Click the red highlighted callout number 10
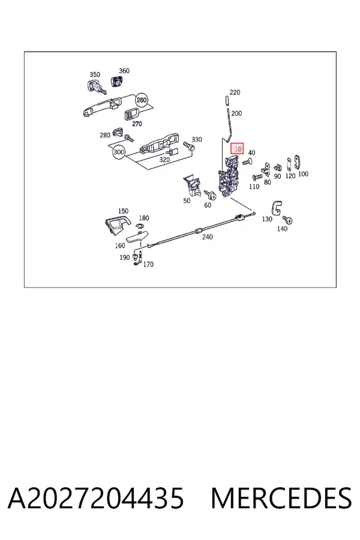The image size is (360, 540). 237,149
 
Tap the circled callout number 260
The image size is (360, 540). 142,100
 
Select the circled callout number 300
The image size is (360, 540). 119,152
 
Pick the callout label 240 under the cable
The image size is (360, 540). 208,236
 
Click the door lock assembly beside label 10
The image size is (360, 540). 229,176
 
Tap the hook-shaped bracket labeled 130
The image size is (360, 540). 277,208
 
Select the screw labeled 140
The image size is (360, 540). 287,219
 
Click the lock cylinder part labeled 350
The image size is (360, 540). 95,86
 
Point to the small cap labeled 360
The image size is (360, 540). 117,81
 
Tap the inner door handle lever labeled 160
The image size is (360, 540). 136,236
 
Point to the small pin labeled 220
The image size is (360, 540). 226,101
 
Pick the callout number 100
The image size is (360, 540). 303,174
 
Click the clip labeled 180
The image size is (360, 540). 140,226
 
